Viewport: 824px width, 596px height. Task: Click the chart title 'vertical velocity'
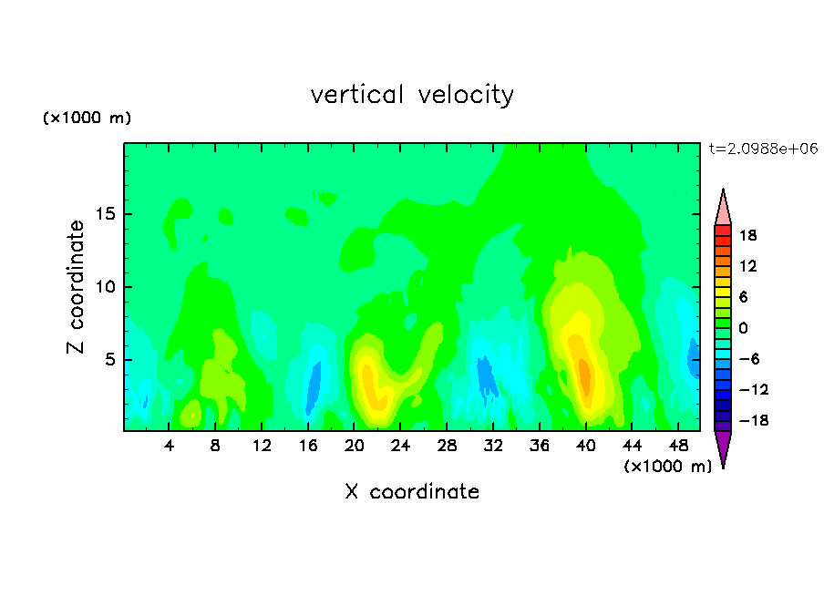(412, 96)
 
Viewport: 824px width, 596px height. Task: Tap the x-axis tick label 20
(354, 447)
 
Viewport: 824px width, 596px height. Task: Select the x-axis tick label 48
(678, 447)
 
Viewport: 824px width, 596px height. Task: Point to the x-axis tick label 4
(169, 447)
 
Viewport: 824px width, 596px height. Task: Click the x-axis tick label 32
(493, 447)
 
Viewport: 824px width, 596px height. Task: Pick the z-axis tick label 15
(105, 214)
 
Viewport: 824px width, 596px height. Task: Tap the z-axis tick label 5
(109, 359)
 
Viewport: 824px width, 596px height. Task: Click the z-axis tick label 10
(105, 287)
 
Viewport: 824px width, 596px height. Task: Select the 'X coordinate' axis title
(412, 491)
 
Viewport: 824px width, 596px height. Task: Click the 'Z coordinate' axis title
(75, 286)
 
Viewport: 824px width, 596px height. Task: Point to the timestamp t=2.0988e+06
(763, 149)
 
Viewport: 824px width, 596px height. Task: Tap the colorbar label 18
(747, 235)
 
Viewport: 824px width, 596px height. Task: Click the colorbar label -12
(754, 389)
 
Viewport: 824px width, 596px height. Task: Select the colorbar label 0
(743, 328)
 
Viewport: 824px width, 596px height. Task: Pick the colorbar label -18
(754, 420)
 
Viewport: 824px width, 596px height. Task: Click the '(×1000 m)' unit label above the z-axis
(87, 118)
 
